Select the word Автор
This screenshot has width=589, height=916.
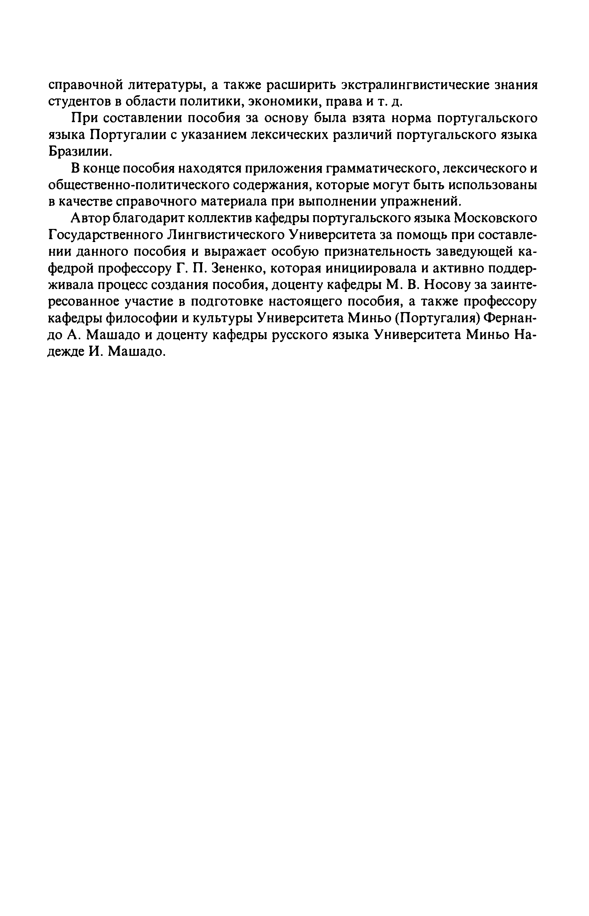point(91,218)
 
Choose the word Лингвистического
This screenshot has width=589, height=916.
point(226,235)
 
